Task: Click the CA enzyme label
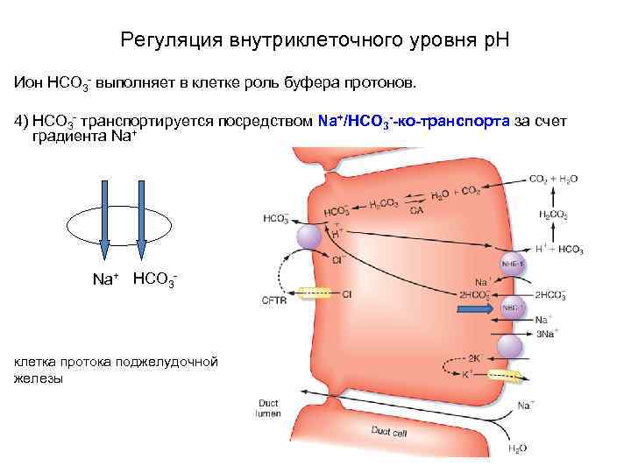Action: pos(415,211)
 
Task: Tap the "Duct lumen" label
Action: pos(268,409)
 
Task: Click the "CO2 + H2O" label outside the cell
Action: pos(553,179)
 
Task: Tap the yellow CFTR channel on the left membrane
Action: pos(315,295)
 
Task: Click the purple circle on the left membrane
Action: pos(309,236)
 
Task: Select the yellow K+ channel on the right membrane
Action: pos(507,374)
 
